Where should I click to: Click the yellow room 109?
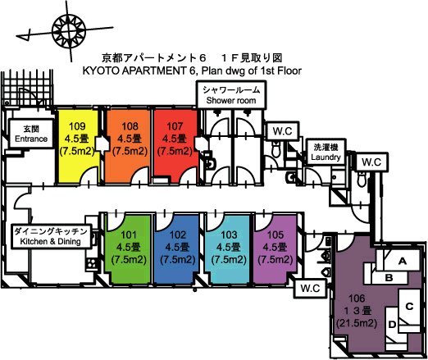click(78, 146)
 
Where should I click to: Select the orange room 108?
click(129, 146)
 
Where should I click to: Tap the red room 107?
click(175, 146)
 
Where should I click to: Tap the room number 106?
click(357, 298)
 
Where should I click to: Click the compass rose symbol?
click(69, 30)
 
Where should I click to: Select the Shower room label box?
click(231, 95)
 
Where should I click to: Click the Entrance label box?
click(31, 134)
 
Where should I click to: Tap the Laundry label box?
click(326, 152)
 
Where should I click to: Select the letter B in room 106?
click(389, 278)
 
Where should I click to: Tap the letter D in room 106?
click(392, 325)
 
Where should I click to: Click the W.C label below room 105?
click(310, 288)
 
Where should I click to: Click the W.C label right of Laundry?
click(371, 162)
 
